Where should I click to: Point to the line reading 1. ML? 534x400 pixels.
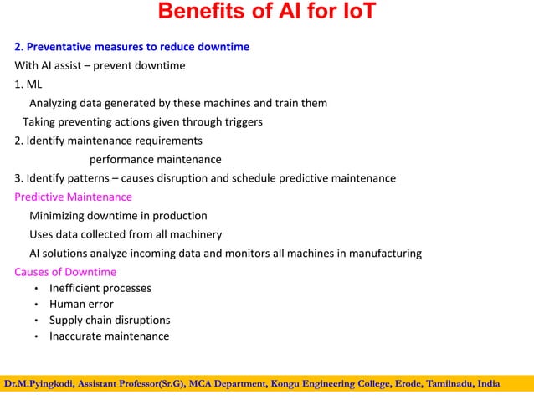(28, 84)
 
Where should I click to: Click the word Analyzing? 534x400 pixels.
(56, 103)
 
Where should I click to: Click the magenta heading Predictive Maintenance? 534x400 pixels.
(73, 197)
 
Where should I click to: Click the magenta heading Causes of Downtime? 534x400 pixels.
(65, 272)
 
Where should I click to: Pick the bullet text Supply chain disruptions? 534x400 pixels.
(110, 321)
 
